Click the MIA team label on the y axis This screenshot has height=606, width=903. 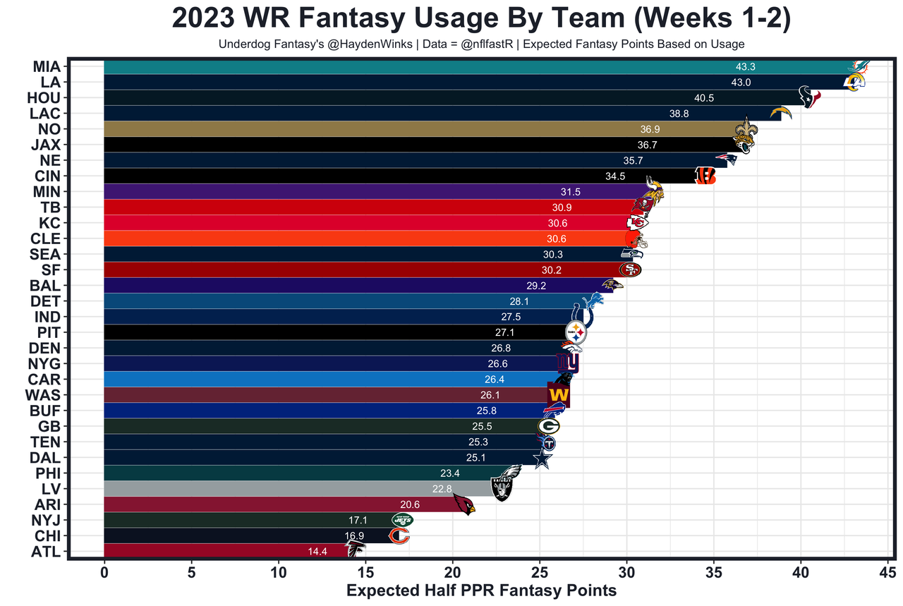pyautogui.click(x=46, y=67)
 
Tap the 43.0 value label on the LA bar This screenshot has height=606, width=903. pyautogui.click(x=741, y=83)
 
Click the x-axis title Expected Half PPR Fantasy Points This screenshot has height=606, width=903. pyautogui.click(x=481, y=591)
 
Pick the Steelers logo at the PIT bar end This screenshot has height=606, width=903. pyautogui.click(x=576, y=332)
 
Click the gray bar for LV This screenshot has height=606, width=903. pyautogui.click(x=282, y=488)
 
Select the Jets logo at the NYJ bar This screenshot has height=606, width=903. pyautogui.click(x=402, y=520)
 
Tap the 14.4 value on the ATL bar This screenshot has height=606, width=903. pyautogui.click(x=317, y=552)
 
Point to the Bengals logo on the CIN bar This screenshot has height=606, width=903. pyautogui.click(x=705, y=176)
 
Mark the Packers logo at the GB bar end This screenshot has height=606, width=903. pyautogui.click(x=548, y=426)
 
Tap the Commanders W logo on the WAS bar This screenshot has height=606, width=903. pyautogui.click(x=559, y=394)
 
